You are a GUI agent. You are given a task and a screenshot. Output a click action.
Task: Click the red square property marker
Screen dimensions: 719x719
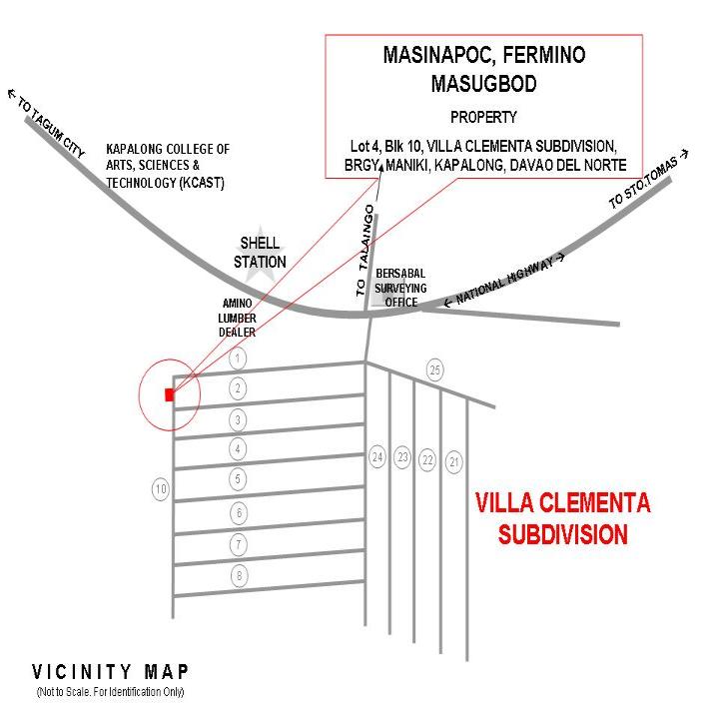tap(170, 394)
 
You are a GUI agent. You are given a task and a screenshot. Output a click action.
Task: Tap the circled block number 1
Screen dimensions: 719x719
tap(238, 359)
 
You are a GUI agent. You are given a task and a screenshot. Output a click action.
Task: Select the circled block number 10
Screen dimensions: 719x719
tap(161, 489)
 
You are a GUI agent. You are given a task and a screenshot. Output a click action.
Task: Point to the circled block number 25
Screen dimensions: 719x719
tap(435, 370)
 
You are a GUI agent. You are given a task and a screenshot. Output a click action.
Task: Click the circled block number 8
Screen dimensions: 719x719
tap(239, 575)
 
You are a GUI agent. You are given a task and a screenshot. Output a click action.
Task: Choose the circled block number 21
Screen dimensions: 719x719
tap(454, 462)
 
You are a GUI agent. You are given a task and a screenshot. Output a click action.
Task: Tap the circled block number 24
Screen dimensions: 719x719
tap(377, 457)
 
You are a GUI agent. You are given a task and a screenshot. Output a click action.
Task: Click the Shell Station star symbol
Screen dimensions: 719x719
tap(260, 255)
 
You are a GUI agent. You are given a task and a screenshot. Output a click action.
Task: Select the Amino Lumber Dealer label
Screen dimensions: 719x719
tap(237, 318)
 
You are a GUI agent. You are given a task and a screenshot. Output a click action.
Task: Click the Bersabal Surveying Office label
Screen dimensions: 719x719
tap(400, 288)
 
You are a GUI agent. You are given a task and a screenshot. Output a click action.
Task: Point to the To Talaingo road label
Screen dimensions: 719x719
tap(365, 251)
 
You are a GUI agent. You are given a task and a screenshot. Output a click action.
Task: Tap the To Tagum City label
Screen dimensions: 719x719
tap(46, 123)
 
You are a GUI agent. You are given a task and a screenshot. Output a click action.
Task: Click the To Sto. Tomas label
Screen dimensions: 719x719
tap(648, 180)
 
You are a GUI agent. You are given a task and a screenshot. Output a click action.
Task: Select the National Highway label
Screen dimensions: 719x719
tap(504, 281)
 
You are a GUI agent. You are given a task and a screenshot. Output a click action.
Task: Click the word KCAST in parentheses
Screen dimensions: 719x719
tap(202, 183)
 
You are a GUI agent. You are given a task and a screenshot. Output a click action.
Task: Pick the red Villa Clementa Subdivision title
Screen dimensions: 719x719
tap(562, 518)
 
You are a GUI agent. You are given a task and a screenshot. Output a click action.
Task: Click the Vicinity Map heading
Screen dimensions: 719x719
tap(110, 672)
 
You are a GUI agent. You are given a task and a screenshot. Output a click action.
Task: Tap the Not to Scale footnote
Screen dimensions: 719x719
tap(110, 692)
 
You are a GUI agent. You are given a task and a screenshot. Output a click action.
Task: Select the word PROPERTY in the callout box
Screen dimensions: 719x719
tap(483, 118)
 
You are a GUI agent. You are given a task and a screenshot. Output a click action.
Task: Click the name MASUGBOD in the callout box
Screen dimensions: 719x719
tap(483, 84)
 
